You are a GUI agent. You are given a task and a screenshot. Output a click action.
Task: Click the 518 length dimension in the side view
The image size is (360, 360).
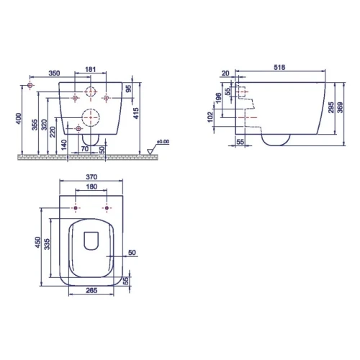(x=279, y=67)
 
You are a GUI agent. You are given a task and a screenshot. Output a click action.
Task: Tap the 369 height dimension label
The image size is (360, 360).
(x=340, y=107)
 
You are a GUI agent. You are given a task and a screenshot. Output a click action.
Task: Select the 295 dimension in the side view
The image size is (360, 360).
(x=331, y=108)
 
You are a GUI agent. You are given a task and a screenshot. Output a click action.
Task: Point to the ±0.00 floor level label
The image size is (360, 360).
(x=163, y=142)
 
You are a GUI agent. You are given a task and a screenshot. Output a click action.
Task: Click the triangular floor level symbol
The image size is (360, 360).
(x=150, y=152)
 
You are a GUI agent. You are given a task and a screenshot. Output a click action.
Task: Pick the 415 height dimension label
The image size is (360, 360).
(x=136, y=113)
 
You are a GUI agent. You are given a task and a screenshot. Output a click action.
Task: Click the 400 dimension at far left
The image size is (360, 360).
(x=19, y=119)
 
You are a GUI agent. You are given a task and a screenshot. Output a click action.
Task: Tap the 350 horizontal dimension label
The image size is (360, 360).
(x=54, y=73)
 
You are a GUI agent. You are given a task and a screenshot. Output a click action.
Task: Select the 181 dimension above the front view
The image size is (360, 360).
(x=91, y=69)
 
